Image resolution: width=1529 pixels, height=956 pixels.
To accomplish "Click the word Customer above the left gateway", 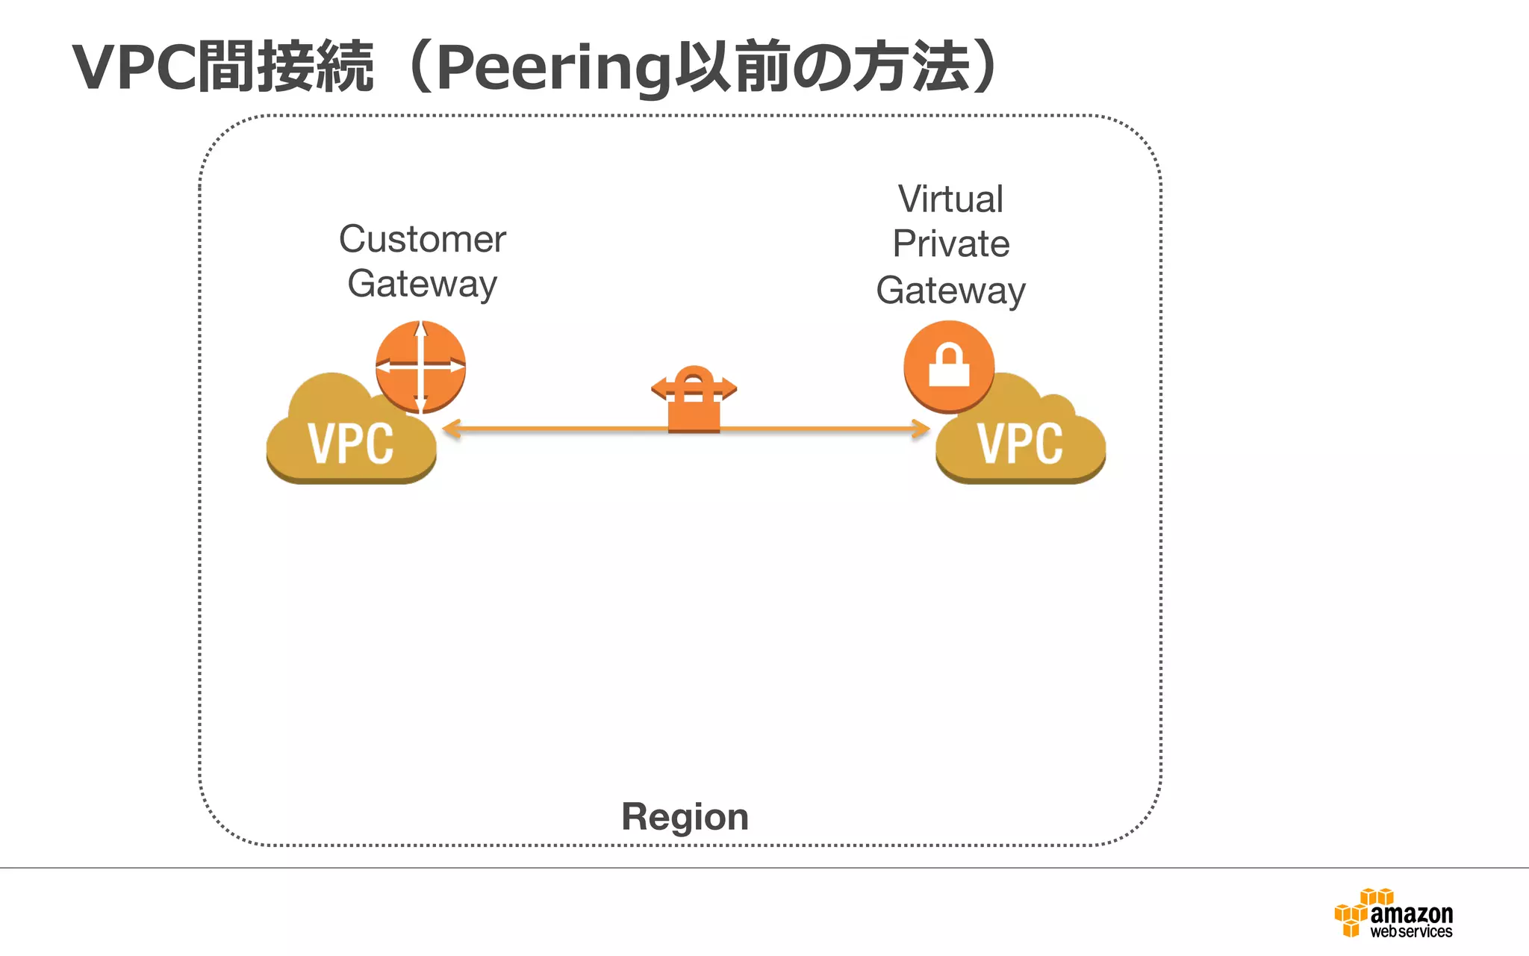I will coord(422,240).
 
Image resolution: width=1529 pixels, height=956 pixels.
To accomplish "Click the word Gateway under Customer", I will coord(422,285).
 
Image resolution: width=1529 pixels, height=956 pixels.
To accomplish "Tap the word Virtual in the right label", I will coord(950,199).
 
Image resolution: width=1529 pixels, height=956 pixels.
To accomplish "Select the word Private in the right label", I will coord(950,244).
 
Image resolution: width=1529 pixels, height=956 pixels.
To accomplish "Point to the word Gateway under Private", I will coord(950,291).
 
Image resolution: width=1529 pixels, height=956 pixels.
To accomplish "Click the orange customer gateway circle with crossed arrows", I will coord(420,367).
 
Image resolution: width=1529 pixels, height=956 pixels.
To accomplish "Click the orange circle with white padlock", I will coord(949,366).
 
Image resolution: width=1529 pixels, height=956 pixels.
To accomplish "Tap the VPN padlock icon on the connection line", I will coord(694,400).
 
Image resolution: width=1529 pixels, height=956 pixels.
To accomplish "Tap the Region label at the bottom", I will coord(685,816).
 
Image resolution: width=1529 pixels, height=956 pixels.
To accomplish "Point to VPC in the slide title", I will coord(134,67).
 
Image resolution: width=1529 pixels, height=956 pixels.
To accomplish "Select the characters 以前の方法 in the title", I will coord(821,67).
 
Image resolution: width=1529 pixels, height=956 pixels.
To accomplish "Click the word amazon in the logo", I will coord(1411,913).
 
